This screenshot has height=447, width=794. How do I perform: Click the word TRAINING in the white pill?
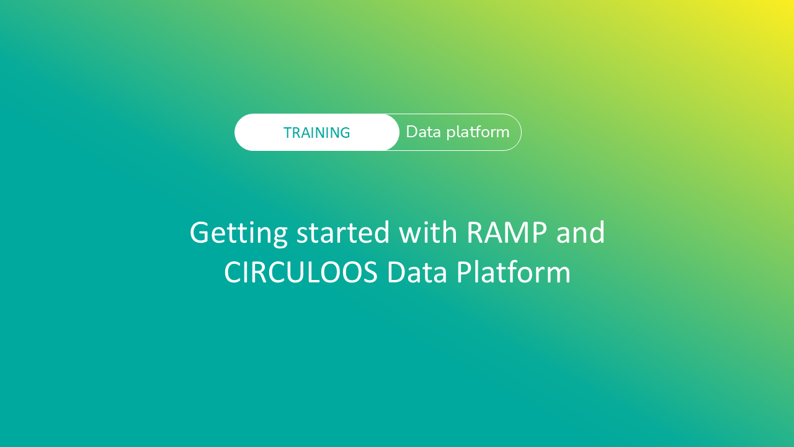316,133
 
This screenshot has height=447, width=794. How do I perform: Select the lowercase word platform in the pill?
478,133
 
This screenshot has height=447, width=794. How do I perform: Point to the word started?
343,233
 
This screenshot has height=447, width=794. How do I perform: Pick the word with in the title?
428,232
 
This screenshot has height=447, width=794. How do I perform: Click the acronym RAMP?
507,233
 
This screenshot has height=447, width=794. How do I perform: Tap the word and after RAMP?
581,233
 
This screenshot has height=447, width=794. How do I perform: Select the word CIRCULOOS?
301,273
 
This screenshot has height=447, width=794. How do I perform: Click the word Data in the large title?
417,273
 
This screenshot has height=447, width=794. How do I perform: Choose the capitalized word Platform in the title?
513,273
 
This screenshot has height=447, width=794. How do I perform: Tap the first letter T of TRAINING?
288,133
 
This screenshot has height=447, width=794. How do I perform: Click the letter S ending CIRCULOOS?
369,273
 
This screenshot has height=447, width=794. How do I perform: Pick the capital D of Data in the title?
397,273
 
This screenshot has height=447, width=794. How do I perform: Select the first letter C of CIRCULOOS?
233,273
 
